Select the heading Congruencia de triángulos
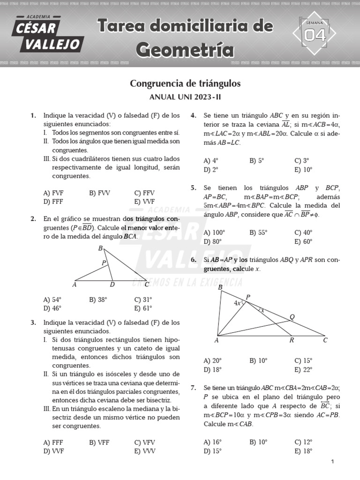tap(185, 83)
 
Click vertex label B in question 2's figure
tap(100, 248)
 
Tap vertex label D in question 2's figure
tap(112, 285)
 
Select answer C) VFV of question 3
tap(144, 442)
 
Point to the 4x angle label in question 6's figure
tap(237, 303)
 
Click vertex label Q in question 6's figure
tap(292, 316)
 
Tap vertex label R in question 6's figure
tap(291, 341)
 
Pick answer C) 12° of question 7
tap(303, 442)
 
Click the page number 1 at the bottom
tap(332, 462)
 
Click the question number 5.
tap(193, 188)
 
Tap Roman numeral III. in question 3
tap(47, 409)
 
